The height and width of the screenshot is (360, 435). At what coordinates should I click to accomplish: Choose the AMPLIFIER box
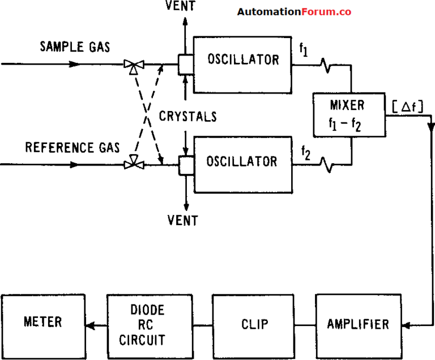(358, 324)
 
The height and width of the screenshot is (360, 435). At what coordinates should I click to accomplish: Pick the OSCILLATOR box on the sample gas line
(243, 60)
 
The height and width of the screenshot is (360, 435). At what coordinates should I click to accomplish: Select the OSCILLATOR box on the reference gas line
(242, 162)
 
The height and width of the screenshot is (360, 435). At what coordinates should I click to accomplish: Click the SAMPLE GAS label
(75, 46)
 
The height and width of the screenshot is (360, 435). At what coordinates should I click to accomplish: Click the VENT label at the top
(185, 7)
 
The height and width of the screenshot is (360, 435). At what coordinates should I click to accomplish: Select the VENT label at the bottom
(183, 220)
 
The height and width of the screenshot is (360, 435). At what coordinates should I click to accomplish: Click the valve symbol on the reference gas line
(134, 164)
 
